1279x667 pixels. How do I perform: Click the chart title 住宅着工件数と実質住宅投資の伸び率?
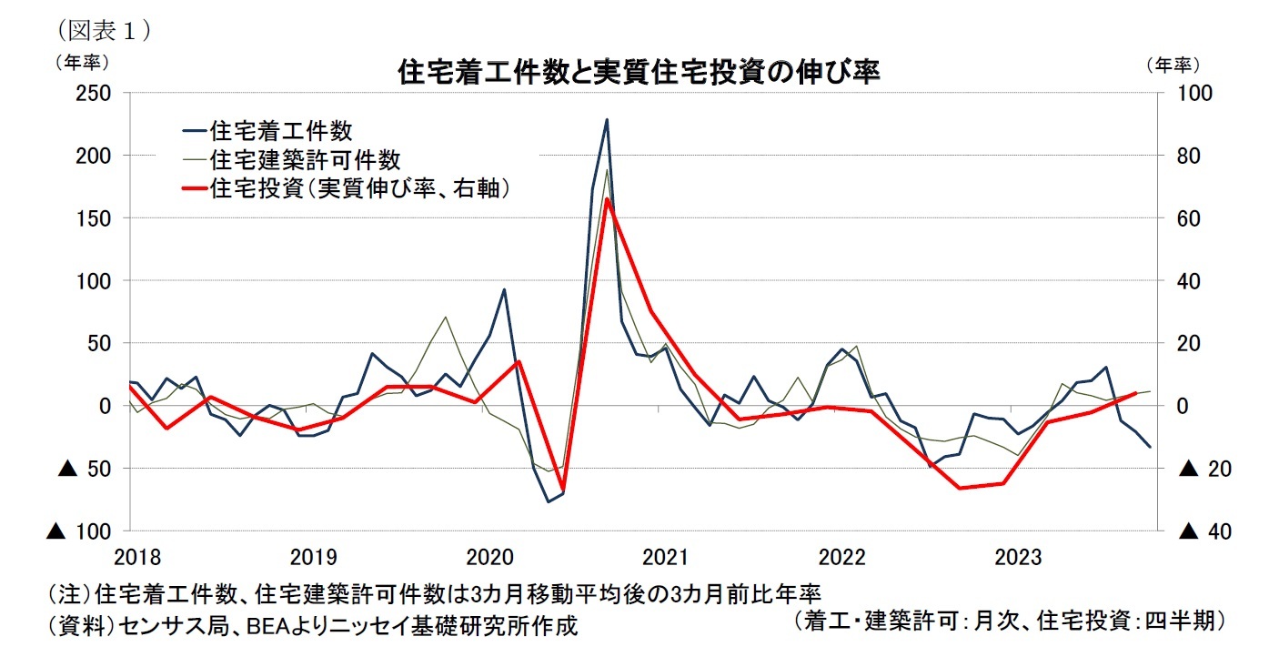pos(639,72)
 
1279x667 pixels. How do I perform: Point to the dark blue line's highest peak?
pos(607,119)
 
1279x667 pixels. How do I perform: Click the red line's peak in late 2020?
pos(607,198)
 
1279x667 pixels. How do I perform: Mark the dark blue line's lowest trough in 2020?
pos(549,501)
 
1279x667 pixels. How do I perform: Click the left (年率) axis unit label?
pos(83,63)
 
